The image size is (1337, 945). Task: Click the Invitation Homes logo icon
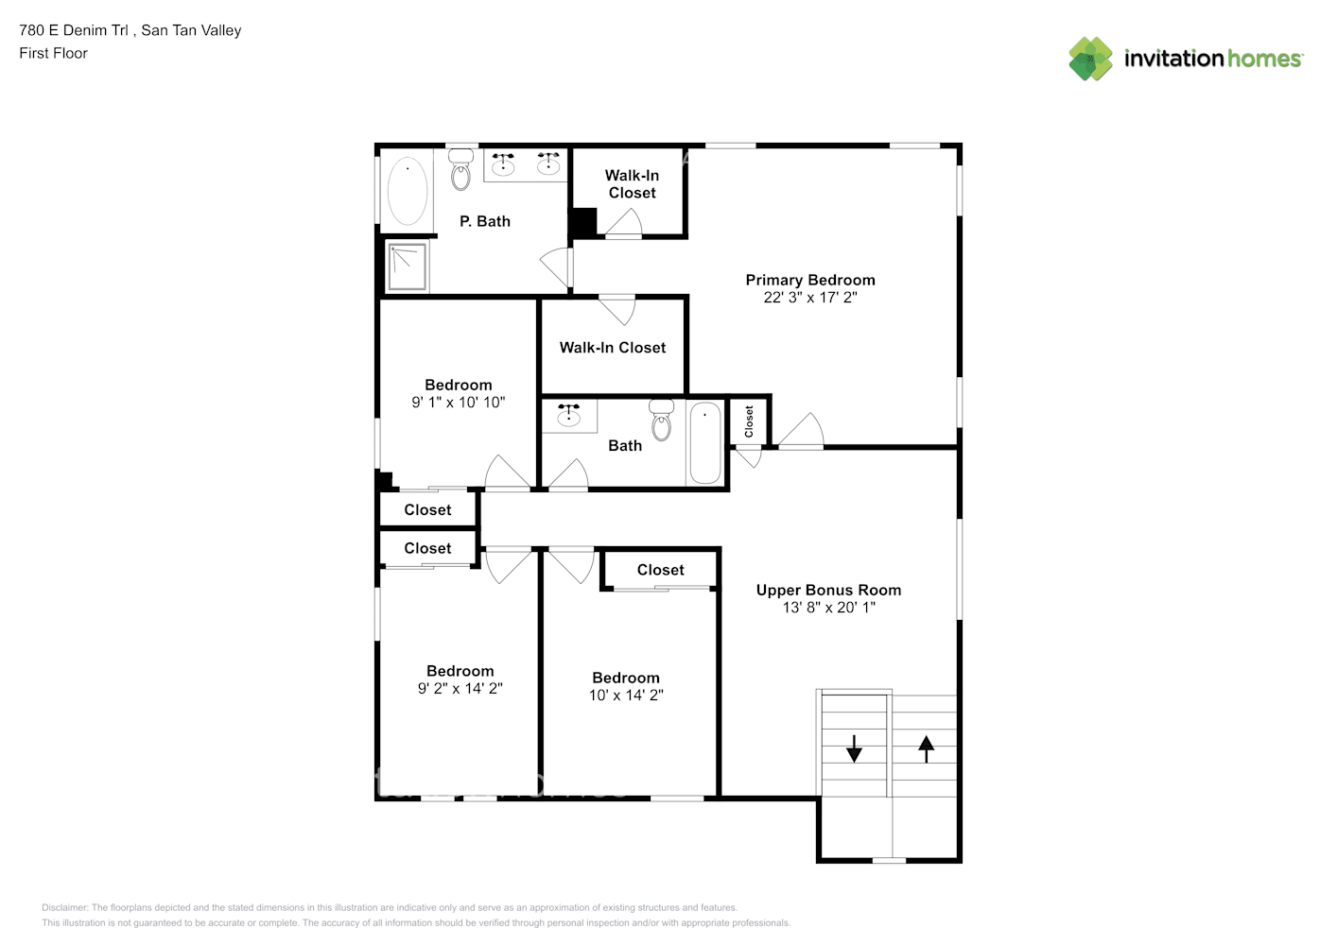[1090, 59]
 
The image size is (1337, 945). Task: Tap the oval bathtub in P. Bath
[408, 191]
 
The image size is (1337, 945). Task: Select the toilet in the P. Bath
[460, 170]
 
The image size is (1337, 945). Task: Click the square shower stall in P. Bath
[408, 266]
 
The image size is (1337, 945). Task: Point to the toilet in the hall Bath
[661, 421]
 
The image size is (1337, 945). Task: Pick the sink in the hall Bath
[569, 413]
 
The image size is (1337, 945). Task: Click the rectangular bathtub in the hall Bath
[705, 443]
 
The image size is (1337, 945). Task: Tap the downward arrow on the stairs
[854, 748]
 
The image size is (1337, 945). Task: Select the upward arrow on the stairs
[926, 749]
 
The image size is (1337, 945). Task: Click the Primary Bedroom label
[810, 280]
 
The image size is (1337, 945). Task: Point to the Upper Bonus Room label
[828, 590]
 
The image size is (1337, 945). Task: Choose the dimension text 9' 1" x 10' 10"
[459, 403]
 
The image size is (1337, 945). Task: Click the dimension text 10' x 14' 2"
[626, 695]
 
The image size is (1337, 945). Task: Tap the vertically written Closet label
[749, 421]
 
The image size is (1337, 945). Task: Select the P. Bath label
[485, 221]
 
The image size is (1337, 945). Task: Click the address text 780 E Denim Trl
[74, 30]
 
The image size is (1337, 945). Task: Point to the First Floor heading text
[53, 53]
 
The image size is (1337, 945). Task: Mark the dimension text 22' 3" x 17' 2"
[810, 297]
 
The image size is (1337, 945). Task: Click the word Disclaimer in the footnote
[64, 907]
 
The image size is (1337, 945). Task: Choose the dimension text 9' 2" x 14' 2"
[460, 689]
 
